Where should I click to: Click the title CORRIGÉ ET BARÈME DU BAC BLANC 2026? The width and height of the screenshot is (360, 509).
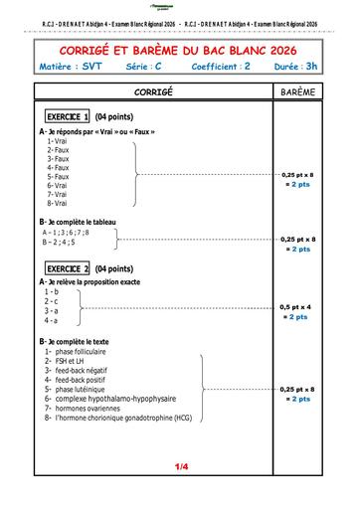[179, 48]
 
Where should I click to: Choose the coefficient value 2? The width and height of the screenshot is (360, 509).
[247, 66]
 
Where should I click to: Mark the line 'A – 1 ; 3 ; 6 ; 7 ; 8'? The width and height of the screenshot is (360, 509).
[66, 232]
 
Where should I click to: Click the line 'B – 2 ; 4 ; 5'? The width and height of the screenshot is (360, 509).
[59, 242]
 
